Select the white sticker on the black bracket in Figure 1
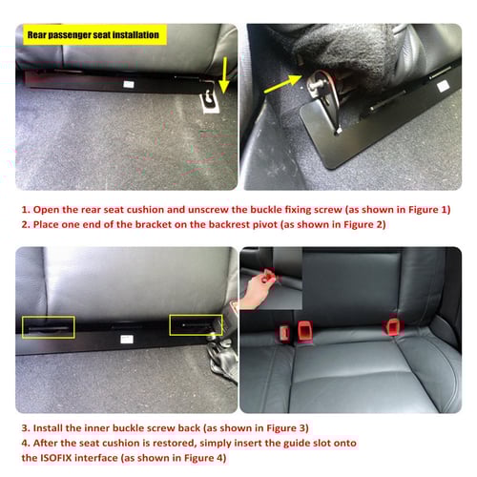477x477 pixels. click(x=127, y=83)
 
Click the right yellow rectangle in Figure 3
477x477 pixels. click(x=196, y=325)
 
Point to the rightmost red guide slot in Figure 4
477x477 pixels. click(x=391, y=327)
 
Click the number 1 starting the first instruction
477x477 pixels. click(x=24, y=209)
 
